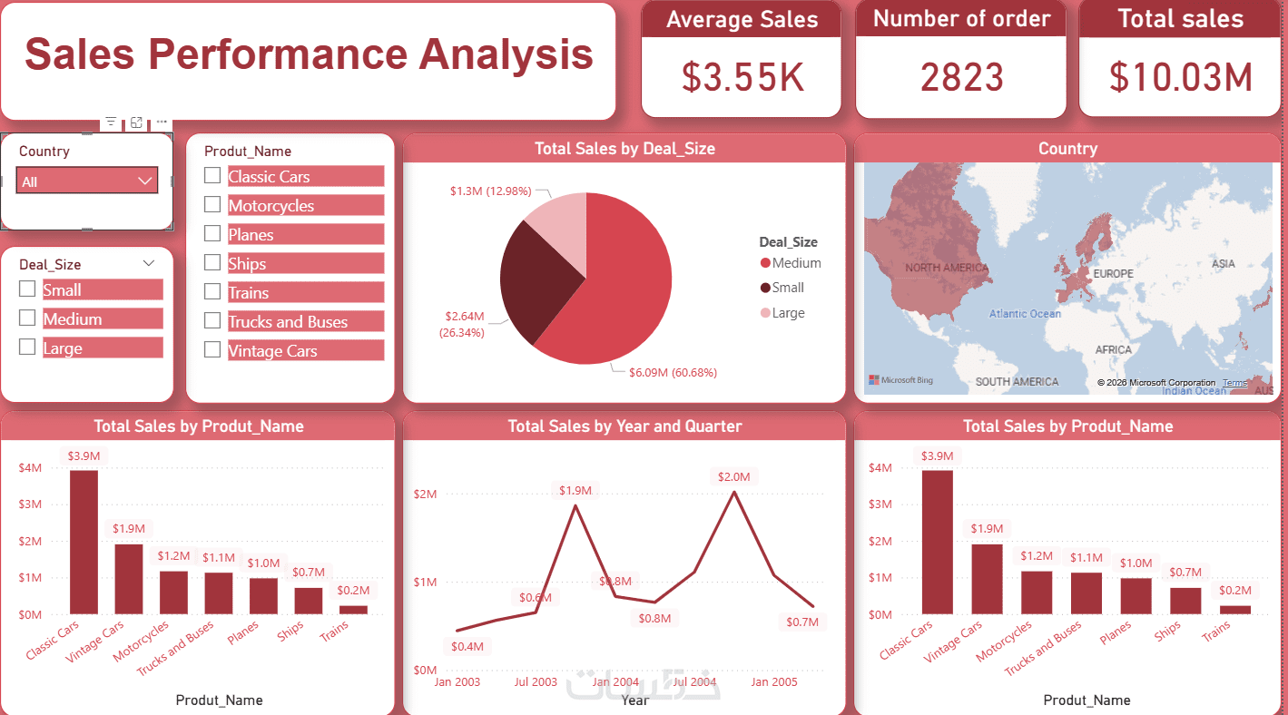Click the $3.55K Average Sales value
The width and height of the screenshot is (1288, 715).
742,77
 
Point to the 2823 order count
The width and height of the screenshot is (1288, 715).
961,77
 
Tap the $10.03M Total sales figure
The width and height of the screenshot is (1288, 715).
1180,77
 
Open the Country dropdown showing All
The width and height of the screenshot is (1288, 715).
87,181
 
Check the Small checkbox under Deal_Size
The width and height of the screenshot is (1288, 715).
27,289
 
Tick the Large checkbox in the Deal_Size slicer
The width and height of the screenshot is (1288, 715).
27,348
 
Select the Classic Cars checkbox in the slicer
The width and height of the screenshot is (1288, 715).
212,176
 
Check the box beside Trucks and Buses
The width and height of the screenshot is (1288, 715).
212,321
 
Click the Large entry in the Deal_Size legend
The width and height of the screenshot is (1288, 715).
788,313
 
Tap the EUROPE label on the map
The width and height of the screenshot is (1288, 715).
1113,273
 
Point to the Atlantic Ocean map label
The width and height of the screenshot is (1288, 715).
1025,314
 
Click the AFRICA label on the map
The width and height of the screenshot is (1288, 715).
1113,349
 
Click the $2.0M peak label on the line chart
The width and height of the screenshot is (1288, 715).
733,476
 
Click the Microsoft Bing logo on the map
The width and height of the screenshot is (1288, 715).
900,380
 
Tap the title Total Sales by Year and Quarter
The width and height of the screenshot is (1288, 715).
624,426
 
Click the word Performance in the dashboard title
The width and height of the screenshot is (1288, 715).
277,54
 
